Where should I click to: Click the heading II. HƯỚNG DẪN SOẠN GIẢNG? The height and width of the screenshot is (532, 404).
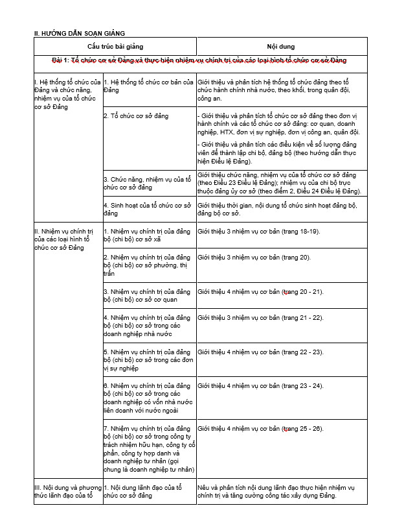(79, 32)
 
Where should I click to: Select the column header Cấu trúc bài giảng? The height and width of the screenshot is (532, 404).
(115, 47)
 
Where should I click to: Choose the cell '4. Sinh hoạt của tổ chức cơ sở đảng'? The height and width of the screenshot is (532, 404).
(148, 209)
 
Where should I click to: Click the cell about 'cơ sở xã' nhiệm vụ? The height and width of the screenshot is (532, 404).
(148, 235)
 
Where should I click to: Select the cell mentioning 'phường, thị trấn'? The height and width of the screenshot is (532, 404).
(148, 265)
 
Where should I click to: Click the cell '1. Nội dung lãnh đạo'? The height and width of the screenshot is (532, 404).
(148, 491)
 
